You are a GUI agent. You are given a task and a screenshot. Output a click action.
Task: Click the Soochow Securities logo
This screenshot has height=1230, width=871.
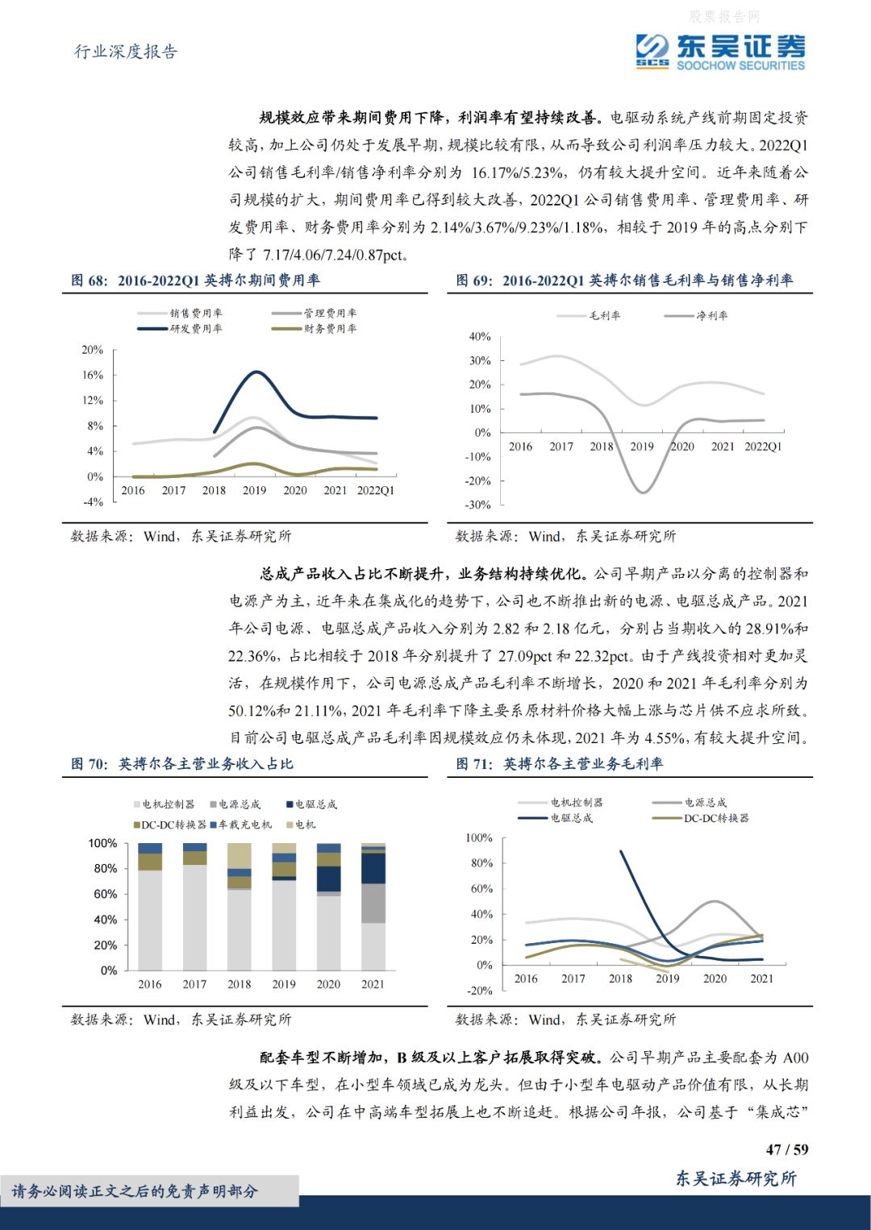719,52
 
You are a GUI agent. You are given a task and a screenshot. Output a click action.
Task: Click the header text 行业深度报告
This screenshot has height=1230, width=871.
126,52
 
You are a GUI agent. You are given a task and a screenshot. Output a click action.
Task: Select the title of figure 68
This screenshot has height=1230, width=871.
195,280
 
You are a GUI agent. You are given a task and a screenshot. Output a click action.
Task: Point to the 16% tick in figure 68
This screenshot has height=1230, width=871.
93,375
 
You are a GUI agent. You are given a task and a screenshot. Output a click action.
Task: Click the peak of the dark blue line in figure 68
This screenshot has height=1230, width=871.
256,372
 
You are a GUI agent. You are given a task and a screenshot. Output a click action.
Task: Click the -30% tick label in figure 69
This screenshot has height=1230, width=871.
479,505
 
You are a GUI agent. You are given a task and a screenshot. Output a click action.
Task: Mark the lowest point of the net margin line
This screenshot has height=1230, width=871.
642,492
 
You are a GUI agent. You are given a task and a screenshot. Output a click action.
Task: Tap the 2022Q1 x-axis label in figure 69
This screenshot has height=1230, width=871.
762,447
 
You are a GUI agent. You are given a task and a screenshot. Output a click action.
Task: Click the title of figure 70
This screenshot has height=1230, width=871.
182,764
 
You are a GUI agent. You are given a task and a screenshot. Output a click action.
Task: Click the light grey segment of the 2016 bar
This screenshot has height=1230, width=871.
150,919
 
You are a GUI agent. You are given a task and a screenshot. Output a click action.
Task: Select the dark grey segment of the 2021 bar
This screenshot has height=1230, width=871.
373,903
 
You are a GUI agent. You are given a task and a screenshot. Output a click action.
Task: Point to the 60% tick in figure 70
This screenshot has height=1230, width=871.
106,894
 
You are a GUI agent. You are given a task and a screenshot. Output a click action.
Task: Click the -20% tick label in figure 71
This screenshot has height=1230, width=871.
480,991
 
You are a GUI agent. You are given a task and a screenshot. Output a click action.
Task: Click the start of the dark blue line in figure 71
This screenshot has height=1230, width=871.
621,851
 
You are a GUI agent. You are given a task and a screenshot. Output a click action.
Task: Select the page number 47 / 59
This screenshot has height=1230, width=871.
786,1150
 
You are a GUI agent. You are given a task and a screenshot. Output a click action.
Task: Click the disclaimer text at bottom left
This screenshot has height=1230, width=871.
135,1191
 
